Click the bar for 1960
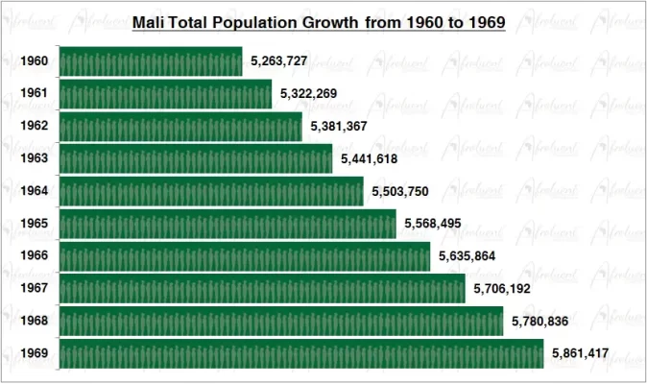coord(151,61)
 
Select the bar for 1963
coord(196,158)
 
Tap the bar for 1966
coord(245,256)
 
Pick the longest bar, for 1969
coord(301,353)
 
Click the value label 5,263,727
coord(279,61)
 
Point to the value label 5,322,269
coord(309,94)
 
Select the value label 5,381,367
coord(339,127)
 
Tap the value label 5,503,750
coord(401,192)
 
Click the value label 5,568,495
coord(434,224)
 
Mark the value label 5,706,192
coord(503,288)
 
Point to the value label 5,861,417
coord(581,353)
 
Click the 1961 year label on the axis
coord(35,94)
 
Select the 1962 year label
coord(35,127)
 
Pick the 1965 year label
coord(35,224)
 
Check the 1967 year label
coord(35,288)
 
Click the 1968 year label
coord(35,321)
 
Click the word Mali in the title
coord(148,21)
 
